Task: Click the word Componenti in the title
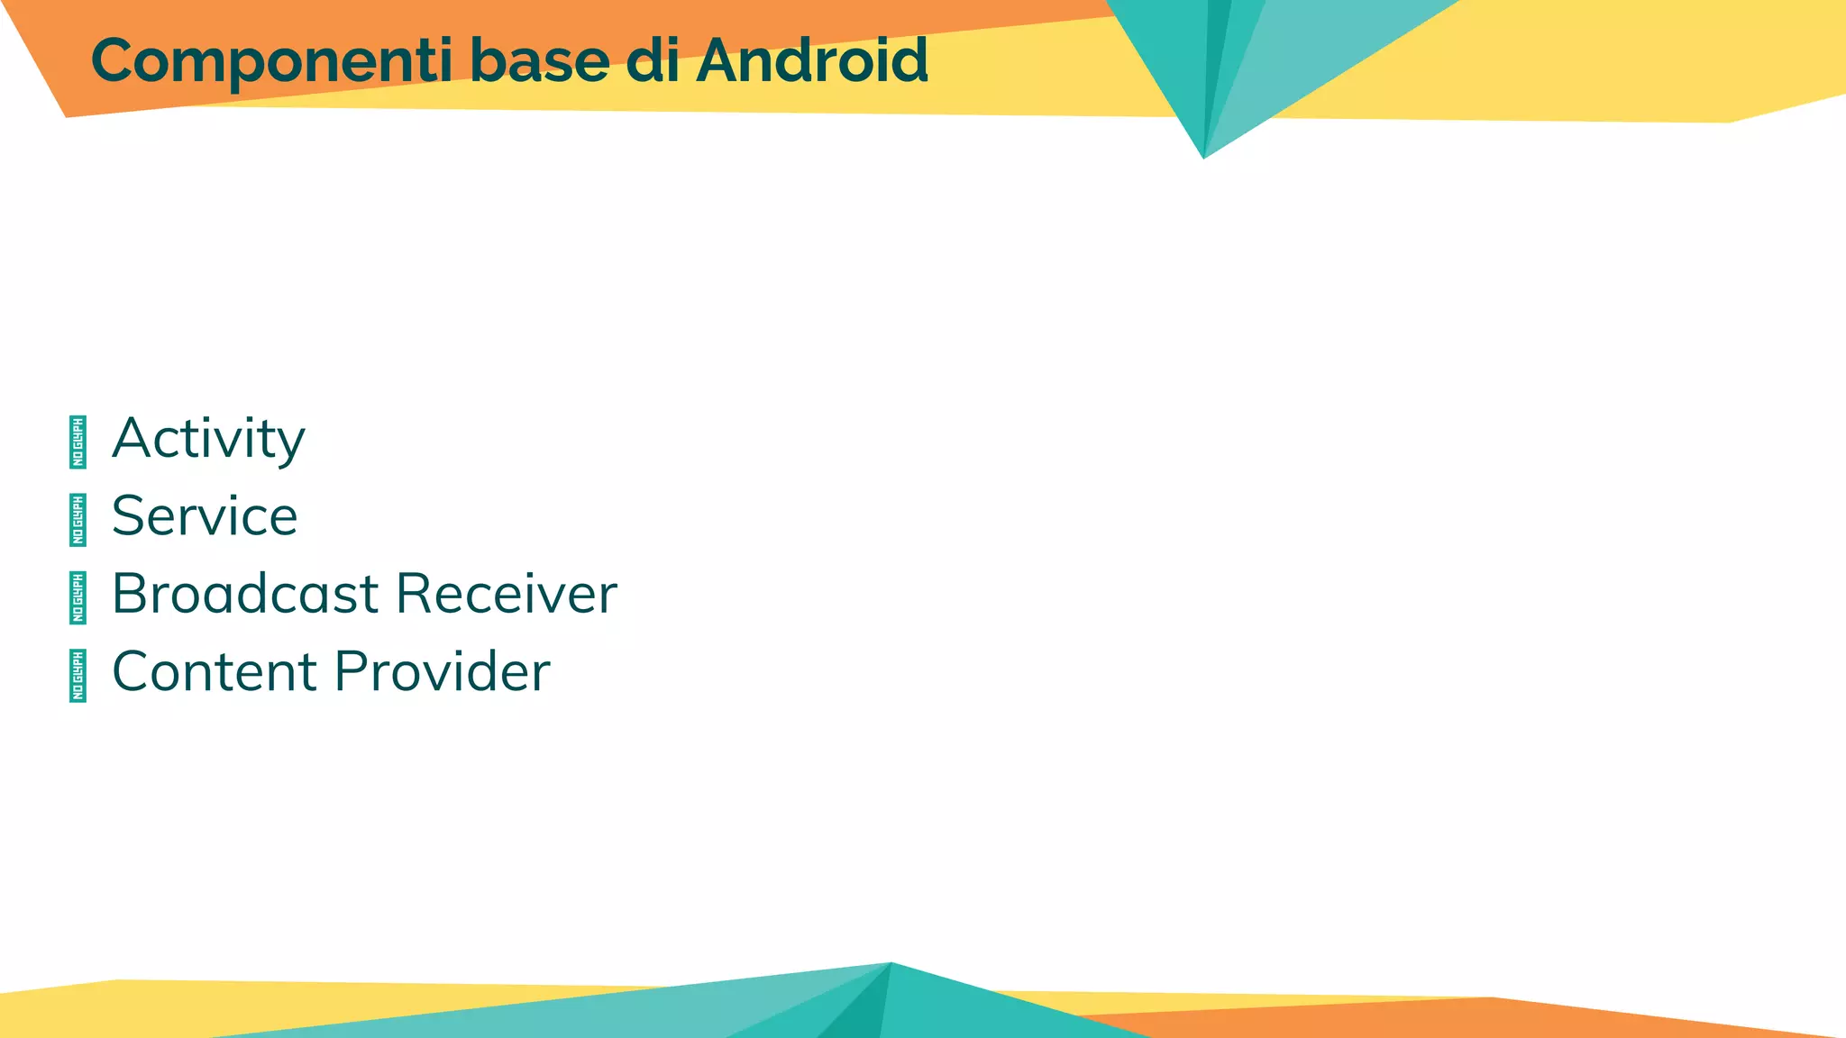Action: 271,61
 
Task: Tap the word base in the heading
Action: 539,61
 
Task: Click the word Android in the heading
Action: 811,61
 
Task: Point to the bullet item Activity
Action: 208,439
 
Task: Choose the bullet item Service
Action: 205,516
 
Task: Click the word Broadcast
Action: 245,594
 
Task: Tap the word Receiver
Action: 507,594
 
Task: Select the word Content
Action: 215,671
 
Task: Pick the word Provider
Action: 442,671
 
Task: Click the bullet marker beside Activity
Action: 78,442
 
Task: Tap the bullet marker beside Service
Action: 78,520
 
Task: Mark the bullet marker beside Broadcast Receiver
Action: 78,597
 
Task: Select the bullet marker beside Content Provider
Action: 78,676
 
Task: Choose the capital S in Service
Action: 128,516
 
